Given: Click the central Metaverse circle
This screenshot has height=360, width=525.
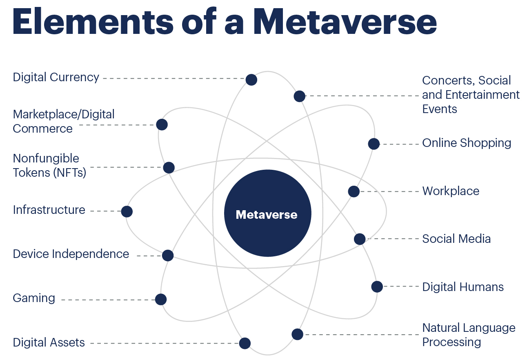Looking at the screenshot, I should [267, 213].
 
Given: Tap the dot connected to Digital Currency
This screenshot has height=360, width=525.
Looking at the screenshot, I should [251, 80].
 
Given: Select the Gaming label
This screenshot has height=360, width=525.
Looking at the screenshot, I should [34, 298].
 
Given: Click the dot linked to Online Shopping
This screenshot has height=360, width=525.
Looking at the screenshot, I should [374, 144].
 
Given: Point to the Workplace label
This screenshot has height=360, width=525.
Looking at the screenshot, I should [451, 191].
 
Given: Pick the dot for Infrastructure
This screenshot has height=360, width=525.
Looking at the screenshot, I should [127, 211].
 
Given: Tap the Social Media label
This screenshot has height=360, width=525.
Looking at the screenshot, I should [456, 239].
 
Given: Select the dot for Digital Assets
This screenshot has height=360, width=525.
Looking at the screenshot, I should [245, 343].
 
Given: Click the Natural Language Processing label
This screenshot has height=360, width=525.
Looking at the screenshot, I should [469, 335].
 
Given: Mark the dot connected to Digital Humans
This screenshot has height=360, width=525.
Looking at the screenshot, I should [377, 287].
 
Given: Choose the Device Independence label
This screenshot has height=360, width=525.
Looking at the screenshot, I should [71, 254].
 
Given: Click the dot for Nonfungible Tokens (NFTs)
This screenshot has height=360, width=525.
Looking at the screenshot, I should [169, 167].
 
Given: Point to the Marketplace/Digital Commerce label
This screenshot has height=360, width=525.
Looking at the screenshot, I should [63, 121].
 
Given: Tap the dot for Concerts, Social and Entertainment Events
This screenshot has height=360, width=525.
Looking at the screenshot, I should [299, 96].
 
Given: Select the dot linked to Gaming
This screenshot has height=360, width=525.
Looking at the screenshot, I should [161, 300].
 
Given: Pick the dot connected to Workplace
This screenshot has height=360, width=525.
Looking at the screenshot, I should [354, 191].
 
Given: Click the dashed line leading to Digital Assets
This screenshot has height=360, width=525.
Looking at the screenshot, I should [163, 343].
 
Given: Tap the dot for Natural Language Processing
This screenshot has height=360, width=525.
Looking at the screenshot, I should [298, 334].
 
